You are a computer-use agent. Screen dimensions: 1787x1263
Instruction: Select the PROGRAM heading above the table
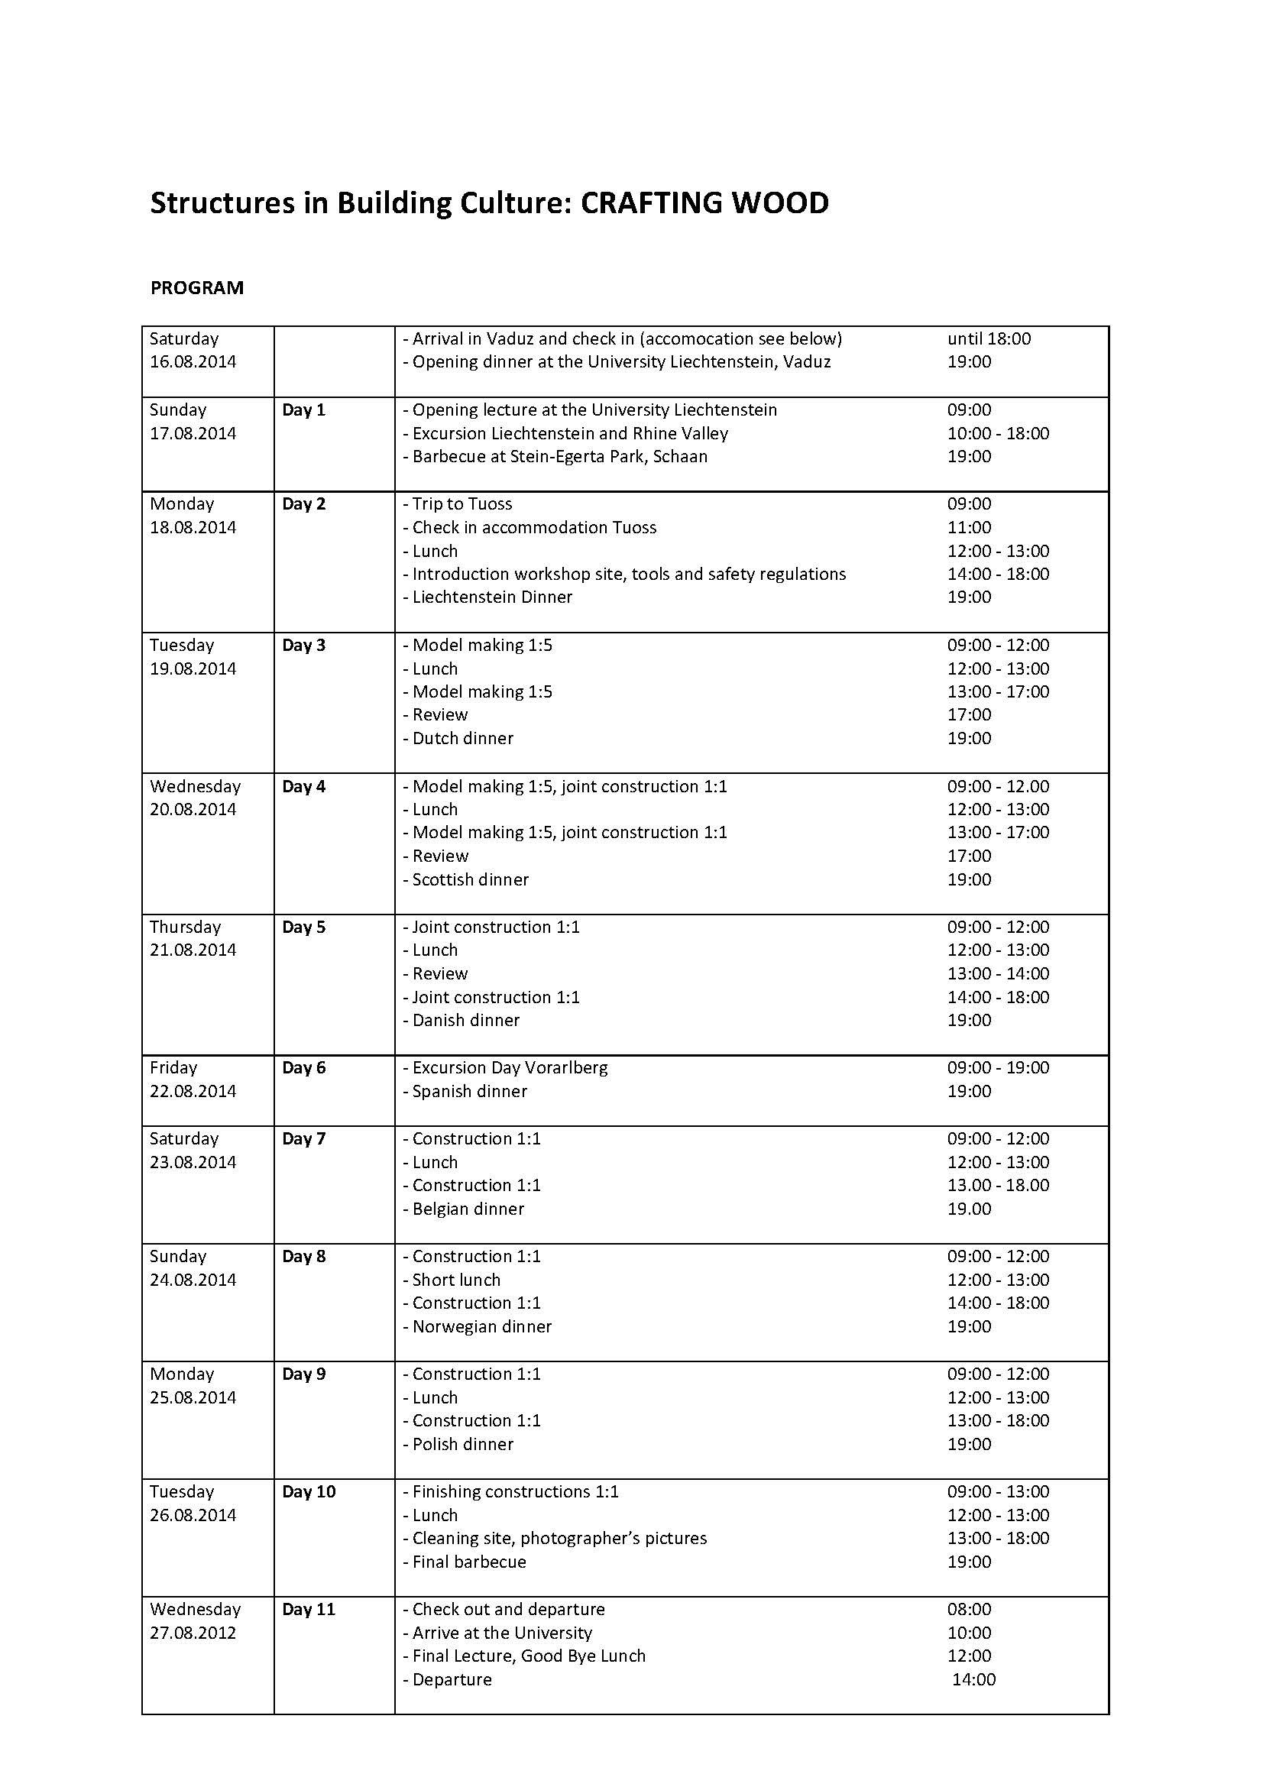[197, 288]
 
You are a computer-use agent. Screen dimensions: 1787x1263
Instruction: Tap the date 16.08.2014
[193, 362]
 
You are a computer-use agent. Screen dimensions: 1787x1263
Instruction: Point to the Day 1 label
[303, 410]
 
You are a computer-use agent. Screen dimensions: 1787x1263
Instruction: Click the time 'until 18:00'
[988, 338]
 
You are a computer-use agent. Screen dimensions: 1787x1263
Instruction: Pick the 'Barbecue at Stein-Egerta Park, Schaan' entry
[555, 457]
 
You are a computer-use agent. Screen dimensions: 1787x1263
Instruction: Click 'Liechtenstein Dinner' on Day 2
[488, 597]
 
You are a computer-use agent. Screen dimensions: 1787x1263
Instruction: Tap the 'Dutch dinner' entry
[458, 739]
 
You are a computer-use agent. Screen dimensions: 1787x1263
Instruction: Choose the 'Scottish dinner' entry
[466, 880]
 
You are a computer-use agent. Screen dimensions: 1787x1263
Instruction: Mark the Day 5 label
[303, 927]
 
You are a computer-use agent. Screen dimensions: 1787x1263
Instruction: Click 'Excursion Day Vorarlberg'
[506, 1068]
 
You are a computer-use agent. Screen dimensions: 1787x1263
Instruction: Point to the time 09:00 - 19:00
[998, 1068]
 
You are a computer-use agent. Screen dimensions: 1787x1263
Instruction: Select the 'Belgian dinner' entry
[464, 1209]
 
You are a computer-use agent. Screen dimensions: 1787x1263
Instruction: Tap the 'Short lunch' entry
[452, 1280]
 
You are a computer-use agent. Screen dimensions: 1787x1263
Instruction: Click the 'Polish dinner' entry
[459, 1445]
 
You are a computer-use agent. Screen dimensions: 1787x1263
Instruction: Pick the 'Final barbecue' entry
[465, 1562]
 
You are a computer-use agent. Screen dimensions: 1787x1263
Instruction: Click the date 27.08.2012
[193, 1633]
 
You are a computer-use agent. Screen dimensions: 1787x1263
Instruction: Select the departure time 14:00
[973, 1679]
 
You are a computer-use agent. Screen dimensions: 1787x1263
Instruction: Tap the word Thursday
[185, 927]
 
